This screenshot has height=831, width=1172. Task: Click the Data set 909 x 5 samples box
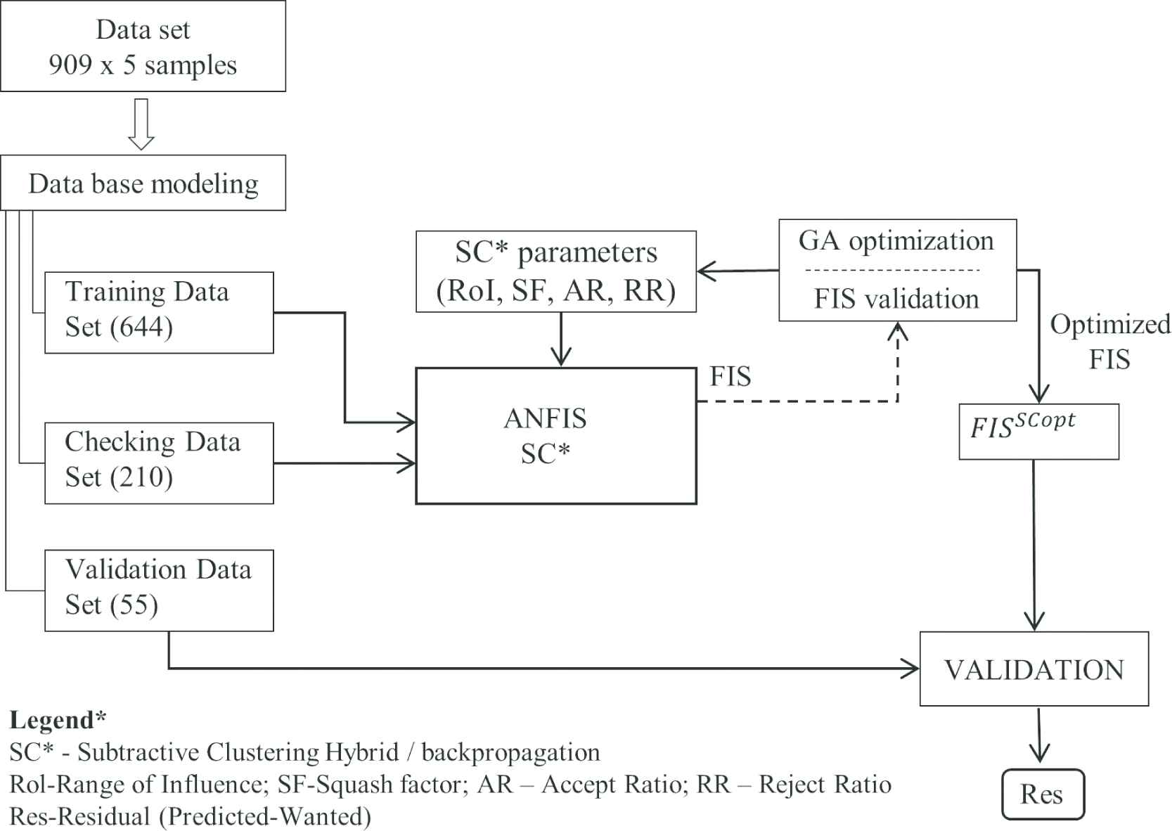click(143, 46)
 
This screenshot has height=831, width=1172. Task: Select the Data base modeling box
click(143, 183)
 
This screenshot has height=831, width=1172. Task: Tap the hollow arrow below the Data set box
click(141, 124)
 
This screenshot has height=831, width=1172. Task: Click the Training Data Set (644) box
click(159, 312)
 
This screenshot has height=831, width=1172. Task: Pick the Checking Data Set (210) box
click(159, 463)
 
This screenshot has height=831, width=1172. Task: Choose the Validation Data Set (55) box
click(159, 590)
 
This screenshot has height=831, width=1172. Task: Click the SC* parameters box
click(555, 271)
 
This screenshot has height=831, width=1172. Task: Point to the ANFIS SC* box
click(555, 436)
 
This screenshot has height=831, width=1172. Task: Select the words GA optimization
click(896, 241)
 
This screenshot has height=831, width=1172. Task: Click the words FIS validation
click(896, 299)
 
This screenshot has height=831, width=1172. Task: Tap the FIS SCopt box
click(1038, 431)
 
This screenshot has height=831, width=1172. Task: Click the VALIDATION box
click(1033, 669)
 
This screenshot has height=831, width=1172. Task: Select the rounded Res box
click(1042, 794)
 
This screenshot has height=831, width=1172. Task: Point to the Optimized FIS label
click(1109, 342)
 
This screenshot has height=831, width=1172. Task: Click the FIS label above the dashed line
click(730, 377)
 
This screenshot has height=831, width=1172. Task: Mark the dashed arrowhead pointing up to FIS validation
click(898, 330)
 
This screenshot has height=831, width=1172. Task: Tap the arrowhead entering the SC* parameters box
click(705, 271)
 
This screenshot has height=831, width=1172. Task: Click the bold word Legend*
click(58, 720)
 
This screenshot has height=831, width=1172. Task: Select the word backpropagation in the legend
click(510, 752)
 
